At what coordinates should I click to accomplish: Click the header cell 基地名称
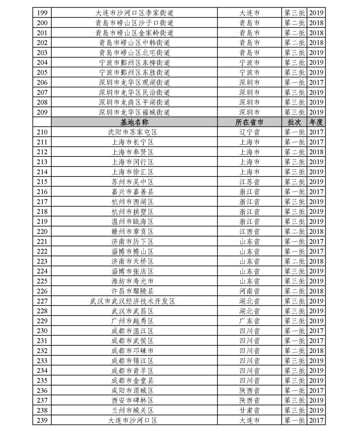(134, 122)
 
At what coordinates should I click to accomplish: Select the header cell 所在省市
(249, 122)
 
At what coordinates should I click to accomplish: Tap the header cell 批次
(294, 122)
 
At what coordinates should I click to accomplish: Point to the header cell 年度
(316, 122)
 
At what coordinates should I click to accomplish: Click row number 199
(42, 13)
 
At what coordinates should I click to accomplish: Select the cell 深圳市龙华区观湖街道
(134, 83)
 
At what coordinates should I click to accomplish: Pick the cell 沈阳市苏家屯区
(133, 132)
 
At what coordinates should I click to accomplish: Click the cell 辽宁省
(249, 132)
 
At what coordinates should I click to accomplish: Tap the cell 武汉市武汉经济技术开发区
(133, 301)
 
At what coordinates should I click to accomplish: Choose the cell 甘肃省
(249, 410)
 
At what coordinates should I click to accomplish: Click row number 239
(42, 420)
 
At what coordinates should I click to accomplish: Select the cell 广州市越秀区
(133, 321)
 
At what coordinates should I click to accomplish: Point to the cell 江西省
(249, 231)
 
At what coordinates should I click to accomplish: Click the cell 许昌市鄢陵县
(133, 291)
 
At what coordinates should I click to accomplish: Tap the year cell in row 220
(316, 231)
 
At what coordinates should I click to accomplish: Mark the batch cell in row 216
(294, 192)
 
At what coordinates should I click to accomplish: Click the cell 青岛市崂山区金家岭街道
(134, 33)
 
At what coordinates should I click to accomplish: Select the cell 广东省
(249, 321)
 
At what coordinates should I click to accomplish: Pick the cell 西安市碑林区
(133, 400)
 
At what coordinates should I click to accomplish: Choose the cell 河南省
(249, 291)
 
